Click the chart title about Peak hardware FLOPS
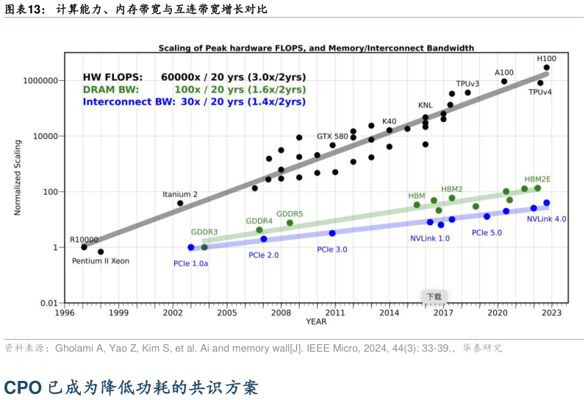click(316, 49)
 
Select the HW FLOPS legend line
click(194, 76)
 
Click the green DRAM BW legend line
click(194, 89)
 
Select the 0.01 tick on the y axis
click(49, 303)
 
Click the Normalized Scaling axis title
click(18, 178)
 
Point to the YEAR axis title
click(316, 321)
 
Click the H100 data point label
click(546, 58)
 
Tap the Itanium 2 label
click(180, 194)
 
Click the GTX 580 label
click(332, 136)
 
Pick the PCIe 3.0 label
click(332, 249)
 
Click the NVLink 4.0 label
click(546, 219)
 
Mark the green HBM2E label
click(537, 179)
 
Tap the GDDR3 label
click(204, 232)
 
